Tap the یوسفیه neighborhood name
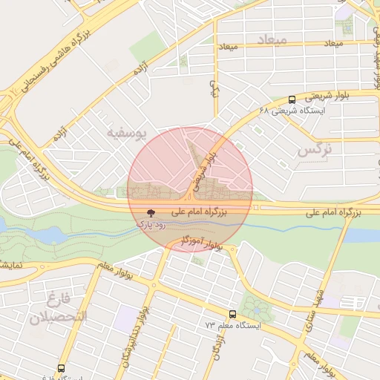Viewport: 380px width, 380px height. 148,132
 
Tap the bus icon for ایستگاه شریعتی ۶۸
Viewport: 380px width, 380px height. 292,99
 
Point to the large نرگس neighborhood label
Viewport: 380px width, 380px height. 314,151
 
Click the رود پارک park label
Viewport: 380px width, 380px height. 151,223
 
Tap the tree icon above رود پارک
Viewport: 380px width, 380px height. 151,212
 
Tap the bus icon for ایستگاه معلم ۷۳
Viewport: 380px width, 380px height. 233,315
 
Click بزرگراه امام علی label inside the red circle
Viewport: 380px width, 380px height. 211,212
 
